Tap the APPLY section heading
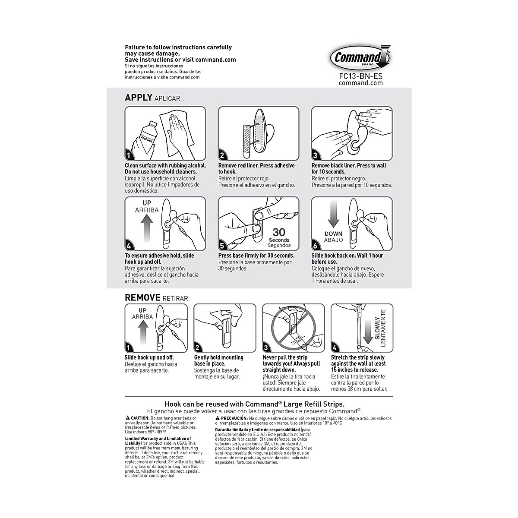pos(138,98)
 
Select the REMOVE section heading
pos(142,297)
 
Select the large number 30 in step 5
pos(279,232)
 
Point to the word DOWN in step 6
pos(333,234)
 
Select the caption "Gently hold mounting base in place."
pos(218,360)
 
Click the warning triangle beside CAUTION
pos(127,418)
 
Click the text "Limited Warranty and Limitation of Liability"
pos(157,441)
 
